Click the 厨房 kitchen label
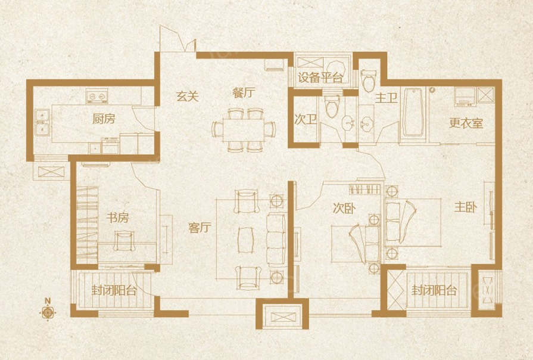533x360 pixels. click(x=104, y=119)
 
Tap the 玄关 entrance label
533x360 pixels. click(x=188, y=97)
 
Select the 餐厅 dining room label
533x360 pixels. click(x=244, y=92)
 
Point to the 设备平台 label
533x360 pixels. click(x=320, y=78)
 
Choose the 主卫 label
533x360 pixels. click(x=386, y=98)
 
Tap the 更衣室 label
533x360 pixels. click(x=466, y=123)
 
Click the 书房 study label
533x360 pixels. click(x=117, y=218)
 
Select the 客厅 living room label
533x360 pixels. click(x=200, y=228)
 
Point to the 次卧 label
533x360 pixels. click(x=344, y=208)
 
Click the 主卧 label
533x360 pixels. click(x=466, y=207)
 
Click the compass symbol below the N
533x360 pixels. click(x=48, y=312)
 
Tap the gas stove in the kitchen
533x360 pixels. click(x=97, y=96)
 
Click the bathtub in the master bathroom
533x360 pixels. click(x=413, y=112)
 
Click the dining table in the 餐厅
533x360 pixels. click(x=244, y=131)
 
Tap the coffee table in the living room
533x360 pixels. click(x=246, y=240)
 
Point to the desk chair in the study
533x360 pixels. click(x=124, y=241)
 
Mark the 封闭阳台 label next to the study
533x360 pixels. click(x=114, y=291)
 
